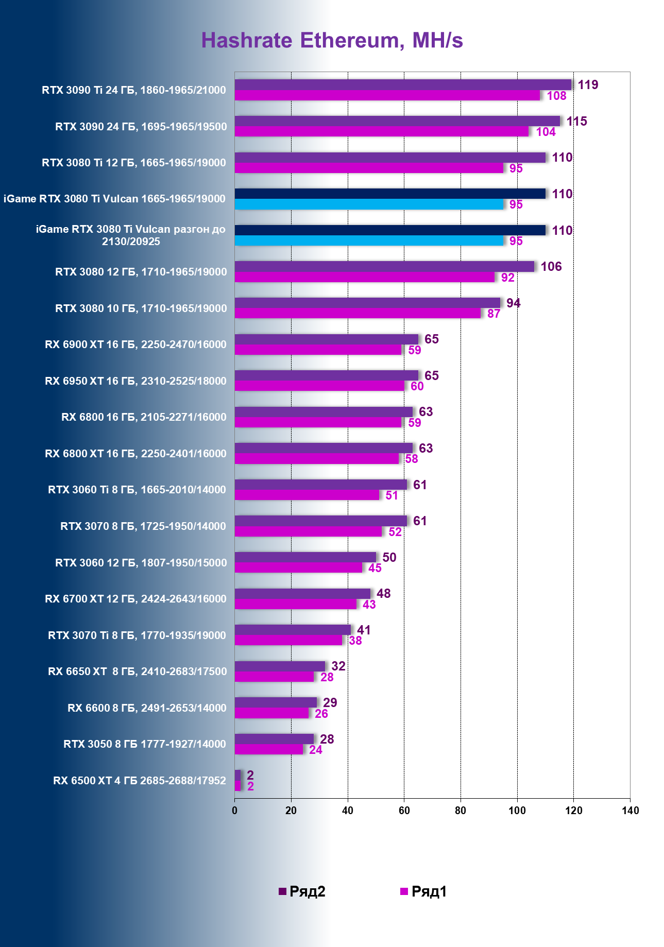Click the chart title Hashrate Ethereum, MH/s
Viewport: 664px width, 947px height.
332,41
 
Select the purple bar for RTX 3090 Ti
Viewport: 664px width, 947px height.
403,85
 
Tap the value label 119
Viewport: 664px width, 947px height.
588,85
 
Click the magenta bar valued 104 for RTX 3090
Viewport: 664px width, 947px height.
381,132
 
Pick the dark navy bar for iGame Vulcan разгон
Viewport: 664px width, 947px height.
390,230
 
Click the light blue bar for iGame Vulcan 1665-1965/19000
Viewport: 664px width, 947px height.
369,204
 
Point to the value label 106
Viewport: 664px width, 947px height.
551,267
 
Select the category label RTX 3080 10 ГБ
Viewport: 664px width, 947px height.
141,308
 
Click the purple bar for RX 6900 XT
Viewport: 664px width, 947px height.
326,339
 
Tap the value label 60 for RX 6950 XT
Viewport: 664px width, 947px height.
417,387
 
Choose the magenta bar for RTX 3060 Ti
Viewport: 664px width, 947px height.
307,495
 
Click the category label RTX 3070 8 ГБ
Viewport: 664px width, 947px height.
143,526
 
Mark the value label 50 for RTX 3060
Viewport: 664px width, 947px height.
389,558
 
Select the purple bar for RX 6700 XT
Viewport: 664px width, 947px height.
302,594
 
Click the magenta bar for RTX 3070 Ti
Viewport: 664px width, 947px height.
288,641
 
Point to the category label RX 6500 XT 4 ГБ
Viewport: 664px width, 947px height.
139,781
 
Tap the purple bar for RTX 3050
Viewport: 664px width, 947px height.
274,739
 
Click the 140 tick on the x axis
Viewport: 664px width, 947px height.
630,811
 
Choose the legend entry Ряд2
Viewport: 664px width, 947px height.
302,891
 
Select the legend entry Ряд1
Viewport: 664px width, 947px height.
423,891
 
